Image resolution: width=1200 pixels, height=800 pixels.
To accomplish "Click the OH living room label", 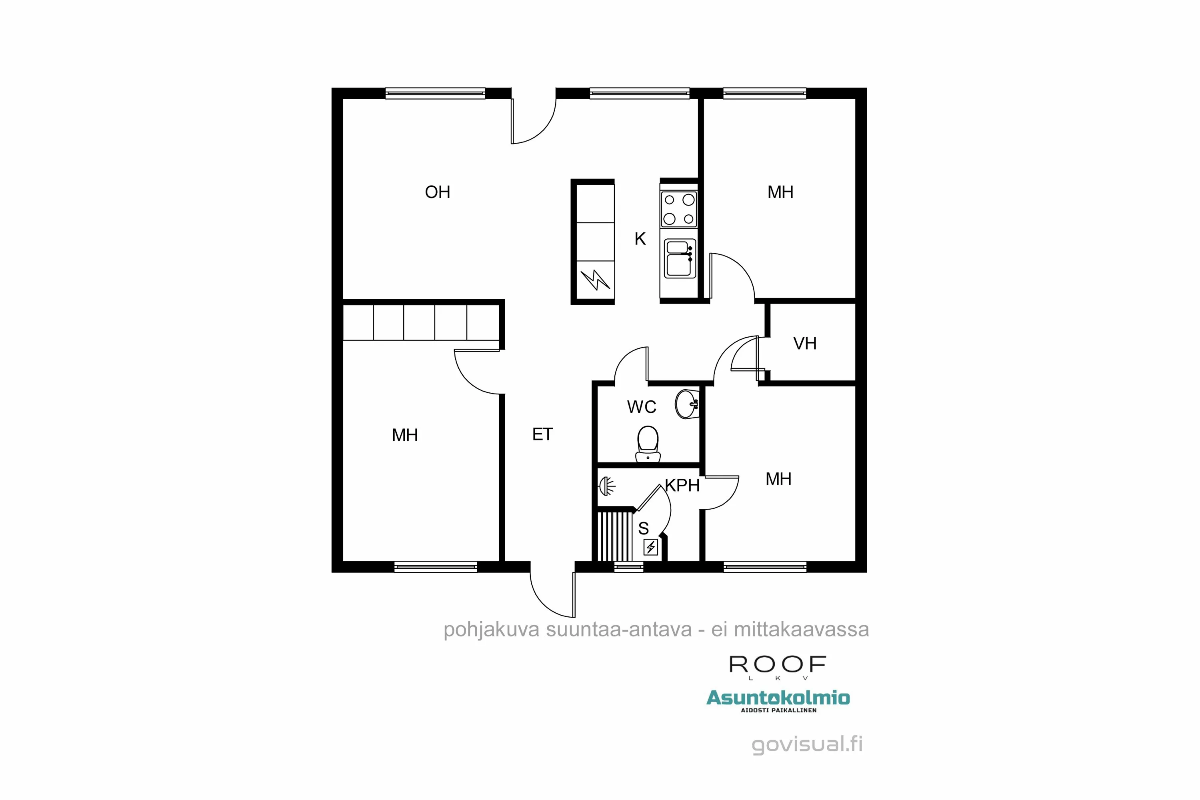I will click(437, 192).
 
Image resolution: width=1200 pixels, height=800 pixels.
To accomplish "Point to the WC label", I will click(641, 407).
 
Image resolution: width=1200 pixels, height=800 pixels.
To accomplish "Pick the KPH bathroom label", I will click(682, 486).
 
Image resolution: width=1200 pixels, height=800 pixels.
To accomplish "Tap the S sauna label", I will click(643, 528).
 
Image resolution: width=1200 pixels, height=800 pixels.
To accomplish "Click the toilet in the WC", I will click(648, 444).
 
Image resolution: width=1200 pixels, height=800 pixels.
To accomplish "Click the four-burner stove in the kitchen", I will click(678, 209).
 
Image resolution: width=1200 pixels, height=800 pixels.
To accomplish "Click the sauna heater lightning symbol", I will click(650, 548).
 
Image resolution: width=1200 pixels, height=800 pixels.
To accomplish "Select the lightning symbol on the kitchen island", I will click(595, 280).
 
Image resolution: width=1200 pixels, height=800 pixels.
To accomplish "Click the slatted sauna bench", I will click(615, 536).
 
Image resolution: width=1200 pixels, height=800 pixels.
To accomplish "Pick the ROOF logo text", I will click(778, 665).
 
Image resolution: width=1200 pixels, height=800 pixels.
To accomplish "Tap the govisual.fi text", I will click(807, 744).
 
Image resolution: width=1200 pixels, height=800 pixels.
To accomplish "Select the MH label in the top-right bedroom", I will click(780, 192).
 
